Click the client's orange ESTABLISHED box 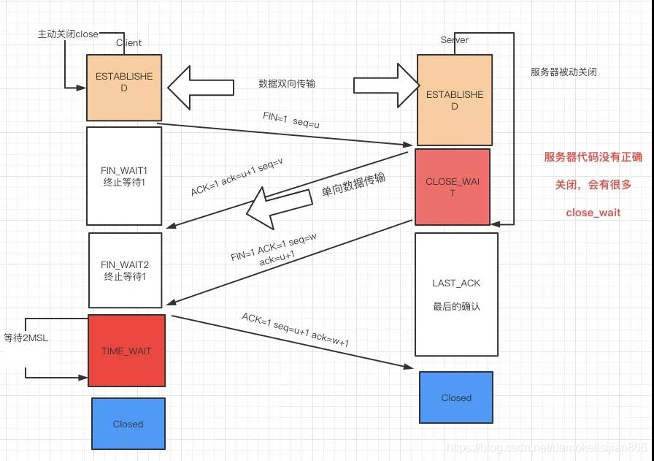point(123,88)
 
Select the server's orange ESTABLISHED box point(454,100)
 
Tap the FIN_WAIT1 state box point(124,175)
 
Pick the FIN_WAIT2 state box point(126,270)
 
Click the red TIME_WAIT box point(126,351)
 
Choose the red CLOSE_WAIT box point(453,186)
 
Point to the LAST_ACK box point(456,294)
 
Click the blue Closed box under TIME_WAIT point(128,423)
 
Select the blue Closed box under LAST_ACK point(456,397)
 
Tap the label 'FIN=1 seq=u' point(291,119)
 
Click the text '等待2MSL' point(25,338)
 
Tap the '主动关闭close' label point(68,34)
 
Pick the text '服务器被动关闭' point(564,72)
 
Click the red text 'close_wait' point(593,213)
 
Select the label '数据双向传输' point(287,84)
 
